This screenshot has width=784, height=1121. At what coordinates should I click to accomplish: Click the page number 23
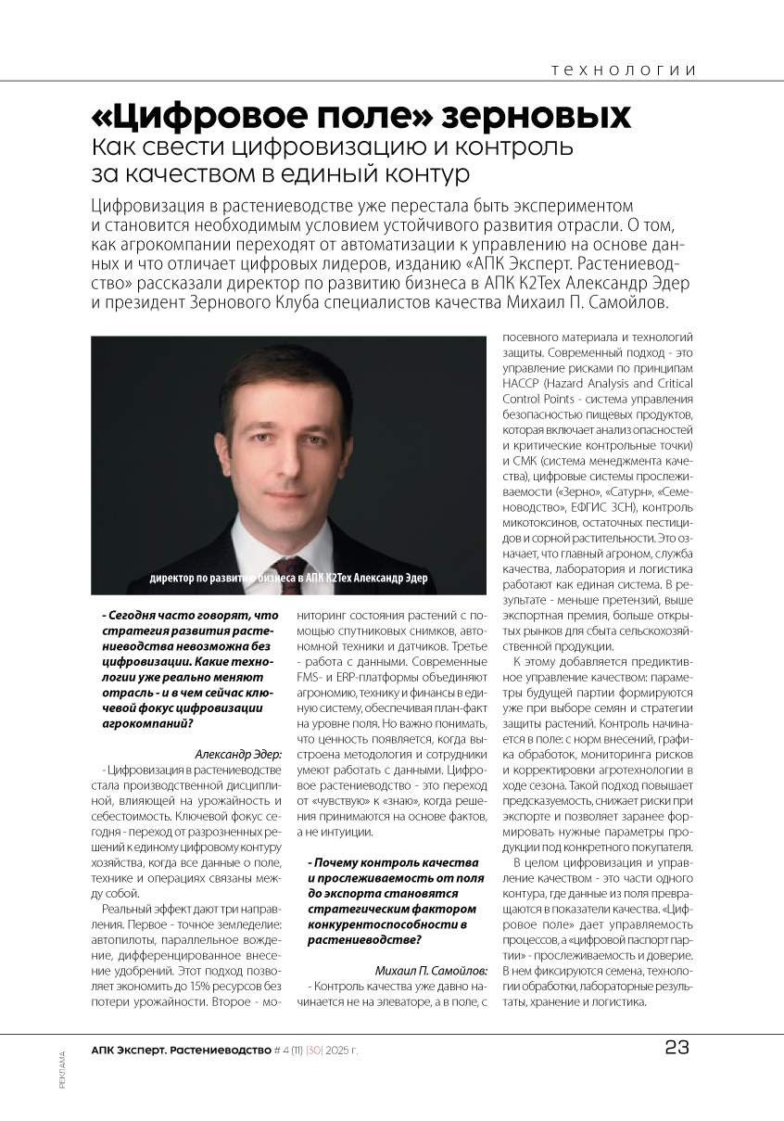pyautogui.click(x=677, y=1048)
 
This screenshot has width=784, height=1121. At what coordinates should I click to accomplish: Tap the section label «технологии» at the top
pyautogui.click(x=623, y=70)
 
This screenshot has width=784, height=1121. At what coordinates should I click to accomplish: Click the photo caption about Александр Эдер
pyautogui.click(x=289, y=579)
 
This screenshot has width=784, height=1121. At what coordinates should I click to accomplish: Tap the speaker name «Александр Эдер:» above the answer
pyautogui.click(x=237, y=754)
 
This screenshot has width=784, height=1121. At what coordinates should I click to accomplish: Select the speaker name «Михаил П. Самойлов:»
pyautogui.click(x=433, y=970)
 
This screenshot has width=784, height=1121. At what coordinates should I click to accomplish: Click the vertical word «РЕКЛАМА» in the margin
pyautogui.click(x=62, y=1070)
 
